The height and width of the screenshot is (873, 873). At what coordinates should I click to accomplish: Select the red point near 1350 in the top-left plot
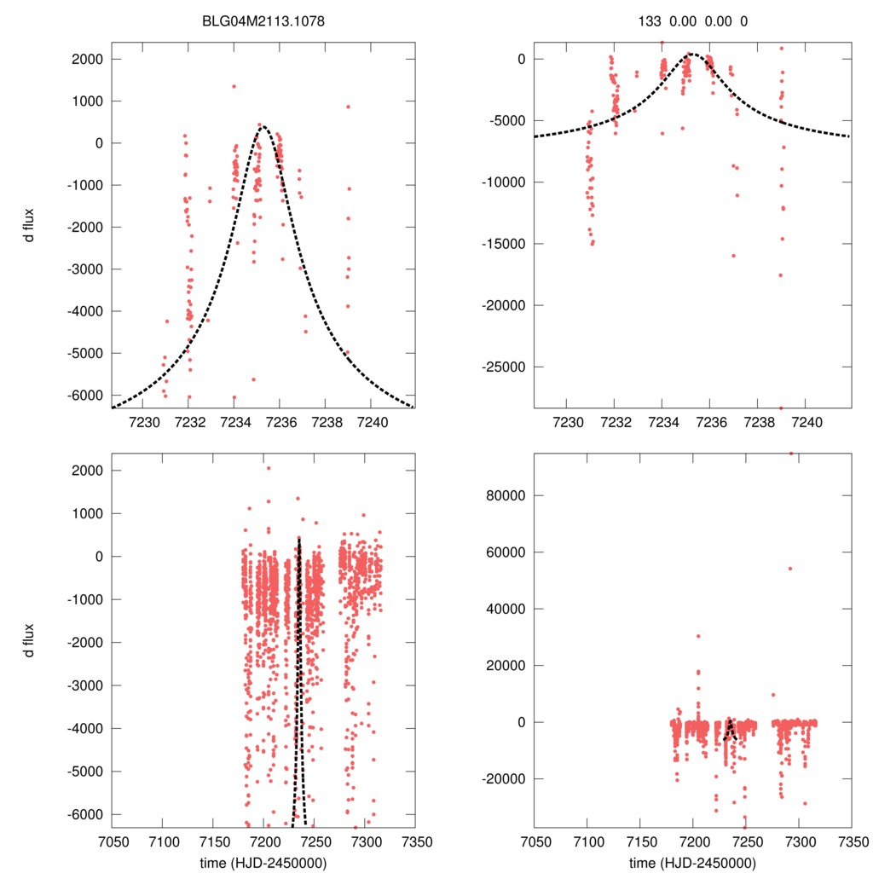tap(234, 86)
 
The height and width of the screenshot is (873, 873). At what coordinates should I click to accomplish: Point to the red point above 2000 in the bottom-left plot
tap(268, 468)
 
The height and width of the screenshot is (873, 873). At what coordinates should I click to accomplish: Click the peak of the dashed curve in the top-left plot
tap(263, 127)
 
